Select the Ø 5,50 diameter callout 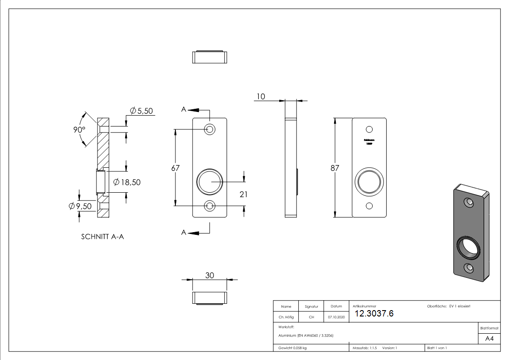coord(141,111)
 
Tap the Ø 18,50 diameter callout coord(127,182)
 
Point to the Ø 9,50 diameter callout coord(80,206)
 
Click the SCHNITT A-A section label coord(102,236)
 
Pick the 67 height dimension coord(175,168)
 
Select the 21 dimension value coord(244,194)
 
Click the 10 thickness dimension coord(260,96)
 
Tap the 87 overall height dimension coord(335,168)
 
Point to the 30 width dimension coord(209,275)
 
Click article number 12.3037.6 coord(374,313)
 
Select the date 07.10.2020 coord(336,317)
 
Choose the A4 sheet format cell coord(489,339)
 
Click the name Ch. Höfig coord(286,317)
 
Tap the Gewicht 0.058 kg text coord(292,348)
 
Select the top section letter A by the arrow coord(184,109)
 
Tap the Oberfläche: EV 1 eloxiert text coord(449,306)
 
